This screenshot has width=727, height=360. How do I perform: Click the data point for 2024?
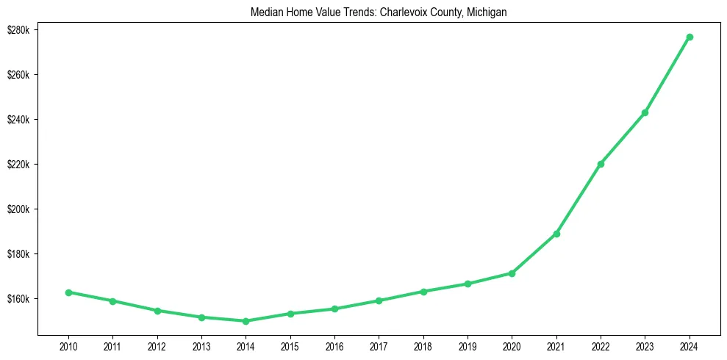pos(690,37)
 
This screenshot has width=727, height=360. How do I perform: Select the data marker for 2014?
pos(246,321)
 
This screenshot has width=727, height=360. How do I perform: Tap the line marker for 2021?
pos(556,234)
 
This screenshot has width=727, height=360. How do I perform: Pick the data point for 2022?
pos(601,164)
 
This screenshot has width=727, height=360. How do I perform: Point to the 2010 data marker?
pos(68,292)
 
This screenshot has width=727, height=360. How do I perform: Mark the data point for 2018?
pos(423,292)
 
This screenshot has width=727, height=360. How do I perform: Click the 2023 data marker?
pos(645,112)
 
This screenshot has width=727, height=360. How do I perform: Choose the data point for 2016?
pos(334,309)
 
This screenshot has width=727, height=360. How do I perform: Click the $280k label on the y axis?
pos(17,30)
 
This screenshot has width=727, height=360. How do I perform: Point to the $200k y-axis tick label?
pos(17,209)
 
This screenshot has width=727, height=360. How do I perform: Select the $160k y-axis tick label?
pos(17,299)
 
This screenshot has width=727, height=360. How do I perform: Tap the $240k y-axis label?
pos(17,120)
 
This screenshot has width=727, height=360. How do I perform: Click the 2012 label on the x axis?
pos(157,345)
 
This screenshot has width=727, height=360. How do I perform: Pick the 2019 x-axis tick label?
pos(468,345)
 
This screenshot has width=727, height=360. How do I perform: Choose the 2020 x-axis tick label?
pos(512,345)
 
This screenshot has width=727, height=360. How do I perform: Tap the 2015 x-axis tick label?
pos(290,345)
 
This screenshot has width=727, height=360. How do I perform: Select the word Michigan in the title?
pos(487,12)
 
